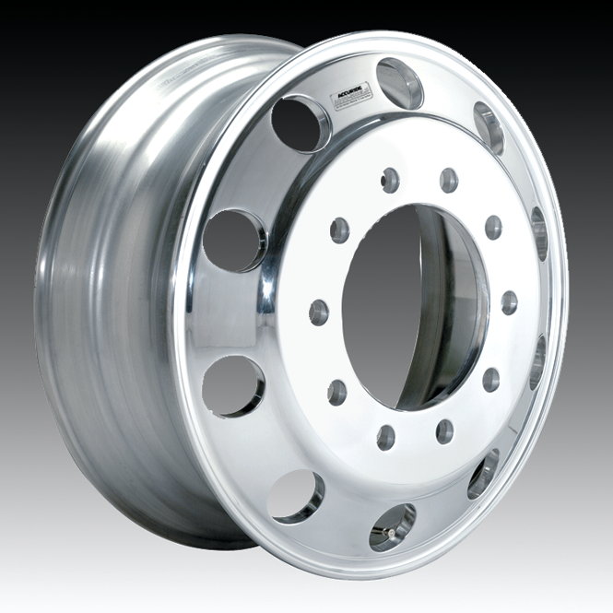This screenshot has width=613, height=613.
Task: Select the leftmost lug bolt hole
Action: coord(319,312)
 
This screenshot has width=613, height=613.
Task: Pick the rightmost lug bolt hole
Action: coord(509,302)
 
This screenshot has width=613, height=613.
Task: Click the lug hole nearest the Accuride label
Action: coord(390,180)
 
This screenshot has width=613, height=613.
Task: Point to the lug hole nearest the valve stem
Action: coord(386,437)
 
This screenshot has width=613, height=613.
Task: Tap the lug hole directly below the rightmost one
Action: coord(491,379)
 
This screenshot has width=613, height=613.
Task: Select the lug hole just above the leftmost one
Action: coord(340,230)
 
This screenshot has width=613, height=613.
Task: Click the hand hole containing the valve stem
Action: coord(392,527)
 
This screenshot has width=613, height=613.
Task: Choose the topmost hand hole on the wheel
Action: coord(400,83)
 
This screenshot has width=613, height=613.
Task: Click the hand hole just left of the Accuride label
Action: coord(301,124)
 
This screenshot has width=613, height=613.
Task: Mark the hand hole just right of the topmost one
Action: coord(489,128)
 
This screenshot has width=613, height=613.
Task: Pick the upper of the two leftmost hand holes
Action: coord(234,241)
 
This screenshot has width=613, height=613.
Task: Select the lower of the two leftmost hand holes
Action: coord(232,386)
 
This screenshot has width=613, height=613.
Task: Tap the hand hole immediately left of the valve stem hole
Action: coord(296,496)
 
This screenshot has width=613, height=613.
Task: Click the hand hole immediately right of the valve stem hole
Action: coord(482,475)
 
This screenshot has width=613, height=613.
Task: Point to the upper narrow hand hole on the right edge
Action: coord(539,233)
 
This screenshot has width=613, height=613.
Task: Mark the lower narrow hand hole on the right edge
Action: coord(536,361)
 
